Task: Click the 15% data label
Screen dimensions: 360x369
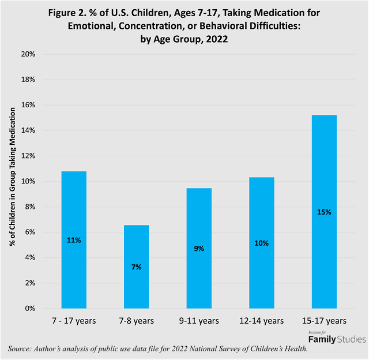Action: coord(324,212)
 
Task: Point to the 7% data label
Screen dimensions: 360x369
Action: coord(136,267)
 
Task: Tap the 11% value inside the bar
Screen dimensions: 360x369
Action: coord(74,240)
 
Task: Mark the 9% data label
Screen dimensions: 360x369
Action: coord(199,249)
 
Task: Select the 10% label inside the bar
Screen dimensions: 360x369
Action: coord(261,243)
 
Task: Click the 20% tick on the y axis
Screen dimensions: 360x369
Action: coord(28,54)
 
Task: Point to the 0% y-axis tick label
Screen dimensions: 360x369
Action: coord(30,309)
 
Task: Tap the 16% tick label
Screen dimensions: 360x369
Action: coord(28,105)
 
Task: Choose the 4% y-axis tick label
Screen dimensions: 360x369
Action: coord(30,258)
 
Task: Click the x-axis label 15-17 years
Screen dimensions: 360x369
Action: coord(324,321)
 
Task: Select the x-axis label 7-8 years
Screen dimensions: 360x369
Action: coord(136,321)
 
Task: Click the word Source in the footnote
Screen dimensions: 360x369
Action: coord(21,349)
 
